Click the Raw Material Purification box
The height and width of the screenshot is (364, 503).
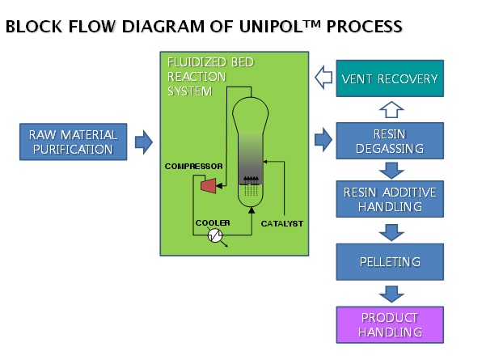point(73,142)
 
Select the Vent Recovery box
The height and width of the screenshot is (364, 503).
point(390,79)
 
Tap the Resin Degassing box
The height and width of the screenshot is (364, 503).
point(390,142)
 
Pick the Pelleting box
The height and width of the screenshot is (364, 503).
point(390,262)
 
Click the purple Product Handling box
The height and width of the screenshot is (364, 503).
point(390,324)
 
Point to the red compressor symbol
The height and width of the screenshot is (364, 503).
point(208,186)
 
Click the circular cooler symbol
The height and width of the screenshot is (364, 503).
point(216,235)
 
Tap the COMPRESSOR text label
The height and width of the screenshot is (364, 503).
point(194,166)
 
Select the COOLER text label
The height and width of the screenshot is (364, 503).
point(213,222)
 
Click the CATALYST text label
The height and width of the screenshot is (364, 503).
point(282,222)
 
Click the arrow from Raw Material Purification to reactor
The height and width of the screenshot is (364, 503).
point(143,142)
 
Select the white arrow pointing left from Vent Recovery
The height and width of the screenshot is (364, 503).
point(323,78)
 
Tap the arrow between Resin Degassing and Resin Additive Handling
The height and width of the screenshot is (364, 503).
point(390,171)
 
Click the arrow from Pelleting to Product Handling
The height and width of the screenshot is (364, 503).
point(390,294)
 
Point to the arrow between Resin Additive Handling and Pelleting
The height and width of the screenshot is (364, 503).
point(390,231)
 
